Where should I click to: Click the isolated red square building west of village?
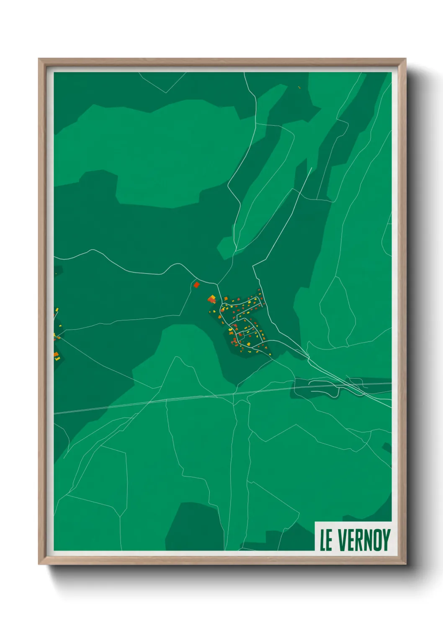pos(196,285)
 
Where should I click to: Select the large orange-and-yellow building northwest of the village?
pos(212,299)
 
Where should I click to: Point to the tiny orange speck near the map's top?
pos(299,87)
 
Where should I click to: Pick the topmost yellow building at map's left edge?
pos(57,309)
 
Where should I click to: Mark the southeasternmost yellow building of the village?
pos(270,355)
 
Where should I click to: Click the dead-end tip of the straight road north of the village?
pos(312,168)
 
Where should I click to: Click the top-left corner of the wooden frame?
pos(39,59)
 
